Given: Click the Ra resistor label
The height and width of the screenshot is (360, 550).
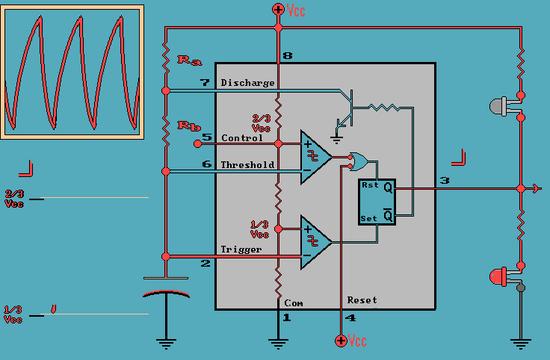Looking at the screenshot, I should [188, 59].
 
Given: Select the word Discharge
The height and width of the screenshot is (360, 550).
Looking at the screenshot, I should [247, 83].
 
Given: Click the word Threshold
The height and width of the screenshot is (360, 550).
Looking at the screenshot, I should [247, 165].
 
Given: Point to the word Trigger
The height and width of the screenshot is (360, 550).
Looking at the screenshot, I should [241, 249].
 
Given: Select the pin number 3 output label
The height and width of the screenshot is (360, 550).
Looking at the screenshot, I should [445, 181].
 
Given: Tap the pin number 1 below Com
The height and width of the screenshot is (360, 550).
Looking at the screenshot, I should [285, 317].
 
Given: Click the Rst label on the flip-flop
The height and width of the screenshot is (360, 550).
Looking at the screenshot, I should [370, 185].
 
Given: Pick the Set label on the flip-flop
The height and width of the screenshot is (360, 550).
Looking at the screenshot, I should [370, 218].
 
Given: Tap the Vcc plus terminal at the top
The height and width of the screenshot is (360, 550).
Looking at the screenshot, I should [278, 10].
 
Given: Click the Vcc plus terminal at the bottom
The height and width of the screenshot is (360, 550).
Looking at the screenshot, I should [341, 341].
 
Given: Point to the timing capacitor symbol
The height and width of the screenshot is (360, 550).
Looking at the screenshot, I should [166, 287].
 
